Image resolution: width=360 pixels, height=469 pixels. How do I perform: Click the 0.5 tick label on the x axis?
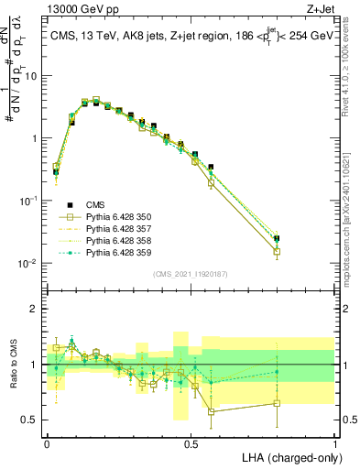[x=191, y=442]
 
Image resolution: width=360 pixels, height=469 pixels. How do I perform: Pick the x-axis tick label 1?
[x=334, y=442]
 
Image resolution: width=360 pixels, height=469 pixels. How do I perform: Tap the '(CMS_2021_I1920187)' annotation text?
[x=191, y=274]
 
